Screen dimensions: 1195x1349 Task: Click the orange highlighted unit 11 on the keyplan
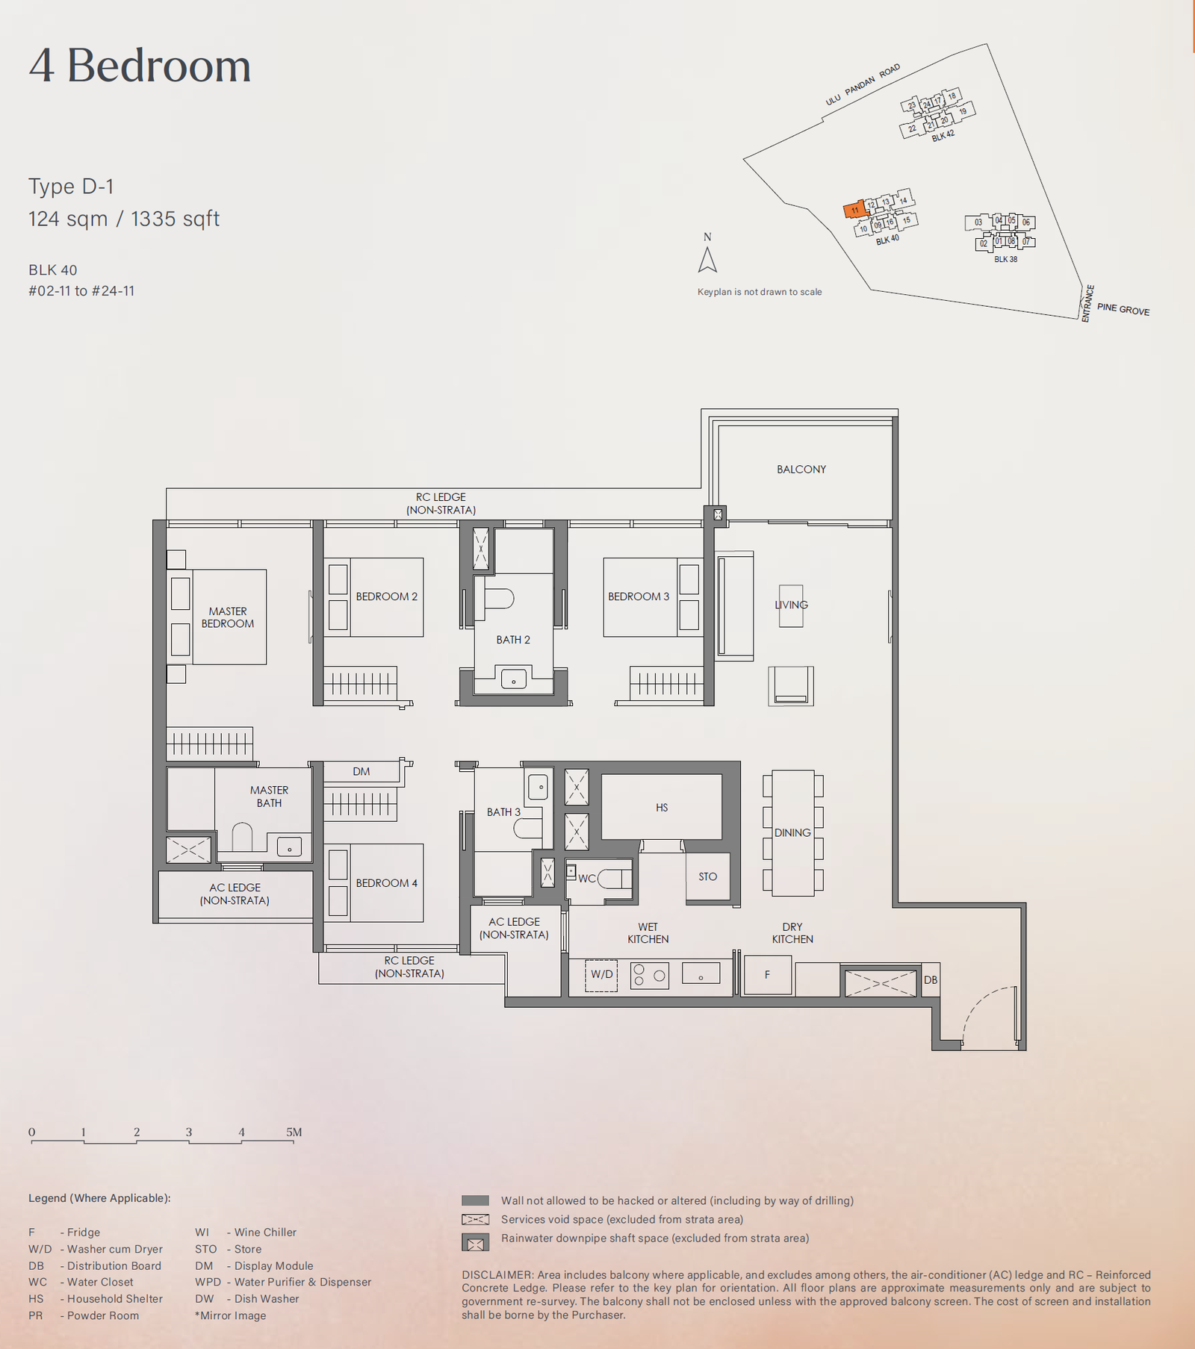coord(854,210)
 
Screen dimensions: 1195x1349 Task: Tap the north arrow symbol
coord(707,260)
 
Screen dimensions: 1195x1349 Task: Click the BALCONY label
coord(801,470)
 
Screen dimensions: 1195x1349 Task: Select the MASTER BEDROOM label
coord(228,617)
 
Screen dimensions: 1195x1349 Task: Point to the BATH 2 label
coord(513,640)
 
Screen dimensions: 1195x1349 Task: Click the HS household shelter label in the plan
coord(662,808)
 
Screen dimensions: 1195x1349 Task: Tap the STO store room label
coord(708,876)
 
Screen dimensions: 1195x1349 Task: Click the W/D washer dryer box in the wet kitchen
coord(601,975)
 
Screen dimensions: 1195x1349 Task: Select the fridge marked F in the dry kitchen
coord(768,975)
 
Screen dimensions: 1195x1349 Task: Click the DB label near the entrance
coord(931,980)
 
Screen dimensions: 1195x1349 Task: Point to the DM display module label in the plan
coord(361,771)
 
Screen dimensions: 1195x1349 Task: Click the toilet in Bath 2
coord(499,599)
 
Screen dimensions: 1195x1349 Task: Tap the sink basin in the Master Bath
coord(289,847)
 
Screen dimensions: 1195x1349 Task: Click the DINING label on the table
coord(792,832)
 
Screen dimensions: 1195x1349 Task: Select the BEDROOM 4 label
coord(386,883)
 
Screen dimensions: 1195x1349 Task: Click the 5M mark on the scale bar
coord(294,1132)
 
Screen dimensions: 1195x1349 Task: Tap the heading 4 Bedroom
coord(140,66)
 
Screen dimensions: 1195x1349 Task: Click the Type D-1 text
coord(71,187)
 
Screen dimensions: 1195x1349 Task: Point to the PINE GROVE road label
coord(1123,309)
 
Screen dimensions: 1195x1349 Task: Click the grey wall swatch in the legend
coord(475,1200)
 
